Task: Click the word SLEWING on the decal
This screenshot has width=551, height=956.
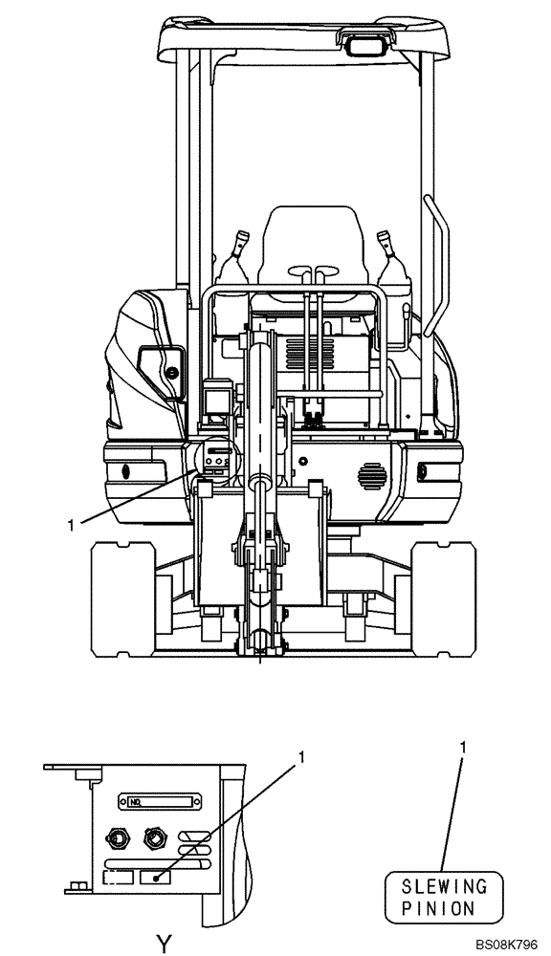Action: pos(444,886)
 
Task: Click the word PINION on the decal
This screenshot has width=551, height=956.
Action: pos(437,908)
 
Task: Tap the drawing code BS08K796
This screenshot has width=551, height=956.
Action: pos(506,945)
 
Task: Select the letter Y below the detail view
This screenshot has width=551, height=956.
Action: pos(164,944)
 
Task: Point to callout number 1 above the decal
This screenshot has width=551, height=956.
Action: pos(463,747)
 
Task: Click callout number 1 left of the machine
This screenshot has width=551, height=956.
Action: pos(72,524)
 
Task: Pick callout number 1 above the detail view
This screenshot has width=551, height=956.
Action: pos(300,756)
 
